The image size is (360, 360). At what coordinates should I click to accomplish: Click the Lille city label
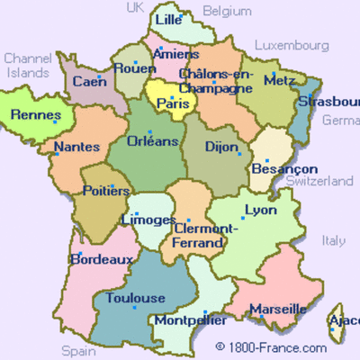point(167,19)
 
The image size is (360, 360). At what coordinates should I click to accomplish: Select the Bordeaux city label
point(102,259)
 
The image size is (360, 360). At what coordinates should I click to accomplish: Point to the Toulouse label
point(135,298)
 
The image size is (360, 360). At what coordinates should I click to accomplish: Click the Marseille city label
point(277,309)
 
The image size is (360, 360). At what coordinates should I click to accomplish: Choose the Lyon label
point(260,210)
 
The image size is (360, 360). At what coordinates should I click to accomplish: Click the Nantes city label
point(76,147)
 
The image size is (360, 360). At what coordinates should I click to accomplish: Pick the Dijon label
point(221,146)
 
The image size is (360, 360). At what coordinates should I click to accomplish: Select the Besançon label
point(285,168)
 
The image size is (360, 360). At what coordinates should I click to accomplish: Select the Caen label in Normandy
point(89,81)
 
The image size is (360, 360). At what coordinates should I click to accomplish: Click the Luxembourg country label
point(292,44)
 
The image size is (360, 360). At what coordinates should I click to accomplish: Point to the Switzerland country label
point(319,181)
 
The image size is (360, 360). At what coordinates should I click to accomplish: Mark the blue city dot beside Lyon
point(242,217)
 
